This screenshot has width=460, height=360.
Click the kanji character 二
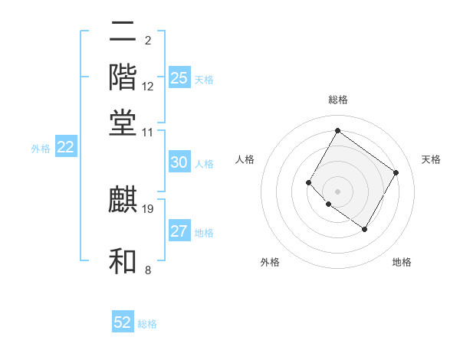[123, 33]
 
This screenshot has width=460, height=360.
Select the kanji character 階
[123, 77]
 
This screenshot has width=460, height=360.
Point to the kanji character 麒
[123, 200]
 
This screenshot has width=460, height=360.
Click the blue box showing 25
[179, 78]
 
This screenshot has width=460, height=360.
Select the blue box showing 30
[179, 162]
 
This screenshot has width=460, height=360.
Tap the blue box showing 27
[179, 232]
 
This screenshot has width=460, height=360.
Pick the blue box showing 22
[65, 148]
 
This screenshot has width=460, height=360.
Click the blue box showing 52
[123, 322]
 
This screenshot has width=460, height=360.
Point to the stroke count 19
[149, 208]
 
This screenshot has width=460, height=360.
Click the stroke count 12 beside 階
[148, 87]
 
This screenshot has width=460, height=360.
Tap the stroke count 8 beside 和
[148, 270]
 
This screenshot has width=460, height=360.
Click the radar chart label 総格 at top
[337, 100]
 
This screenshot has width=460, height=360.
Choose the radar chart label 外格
[270, 262]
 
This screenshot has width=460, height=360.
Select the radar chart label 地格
[402, 262]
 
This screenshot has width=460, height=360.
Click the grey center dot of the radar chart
[337, 191]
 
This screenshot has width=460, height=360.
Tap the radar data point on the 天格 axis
[396, 172]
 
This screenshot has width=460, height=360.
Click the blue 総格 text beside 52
[147, 324]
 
